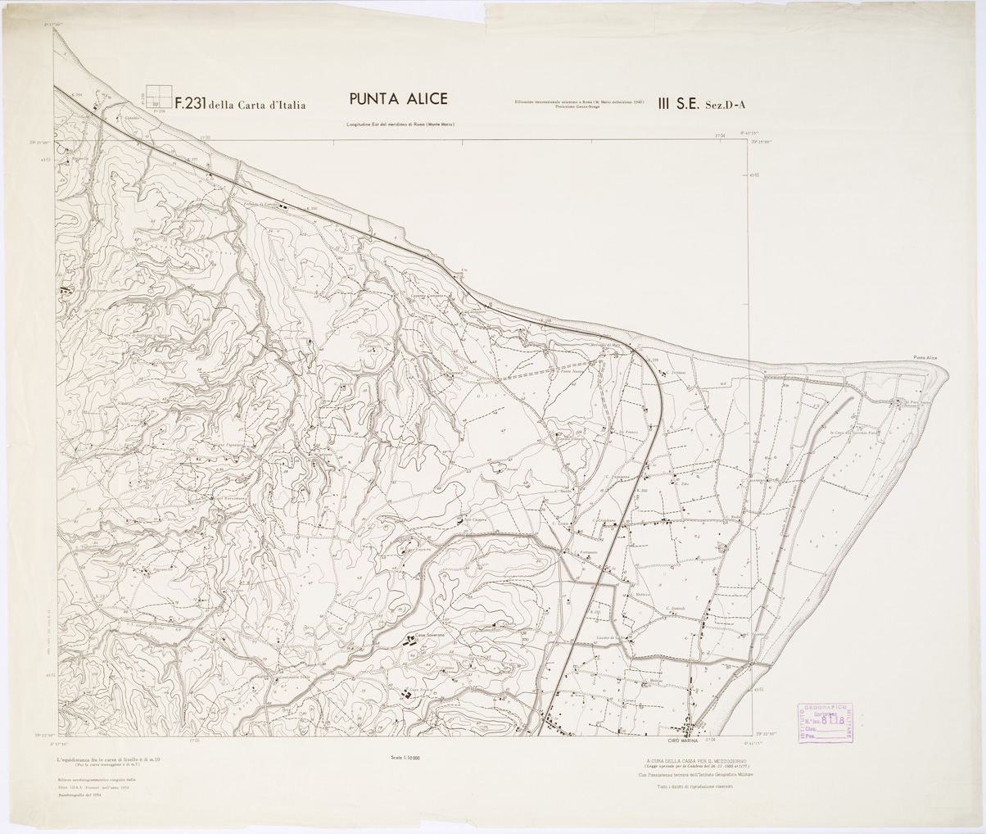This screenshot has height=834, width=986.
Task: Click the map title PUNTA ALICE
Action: [x=398, y=99]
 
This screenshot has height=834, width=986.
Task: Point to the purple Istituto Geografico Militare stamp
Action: [x=825, y=723]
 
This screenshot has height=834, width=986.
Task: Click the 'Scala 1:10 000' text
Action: [x=405, y=758]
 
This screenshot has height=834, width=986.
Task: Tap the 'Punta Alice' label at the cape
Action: [x=925, y=358]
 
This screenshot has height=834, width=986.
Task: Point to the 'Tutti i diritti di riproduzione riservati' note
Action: [x=696, y=786]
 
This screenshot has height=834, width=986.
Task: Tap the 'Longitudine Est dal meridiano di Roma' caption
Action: [x=400, y=125]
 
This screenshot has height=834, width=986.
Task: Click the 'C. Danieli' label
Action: [x=675, y=607]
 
